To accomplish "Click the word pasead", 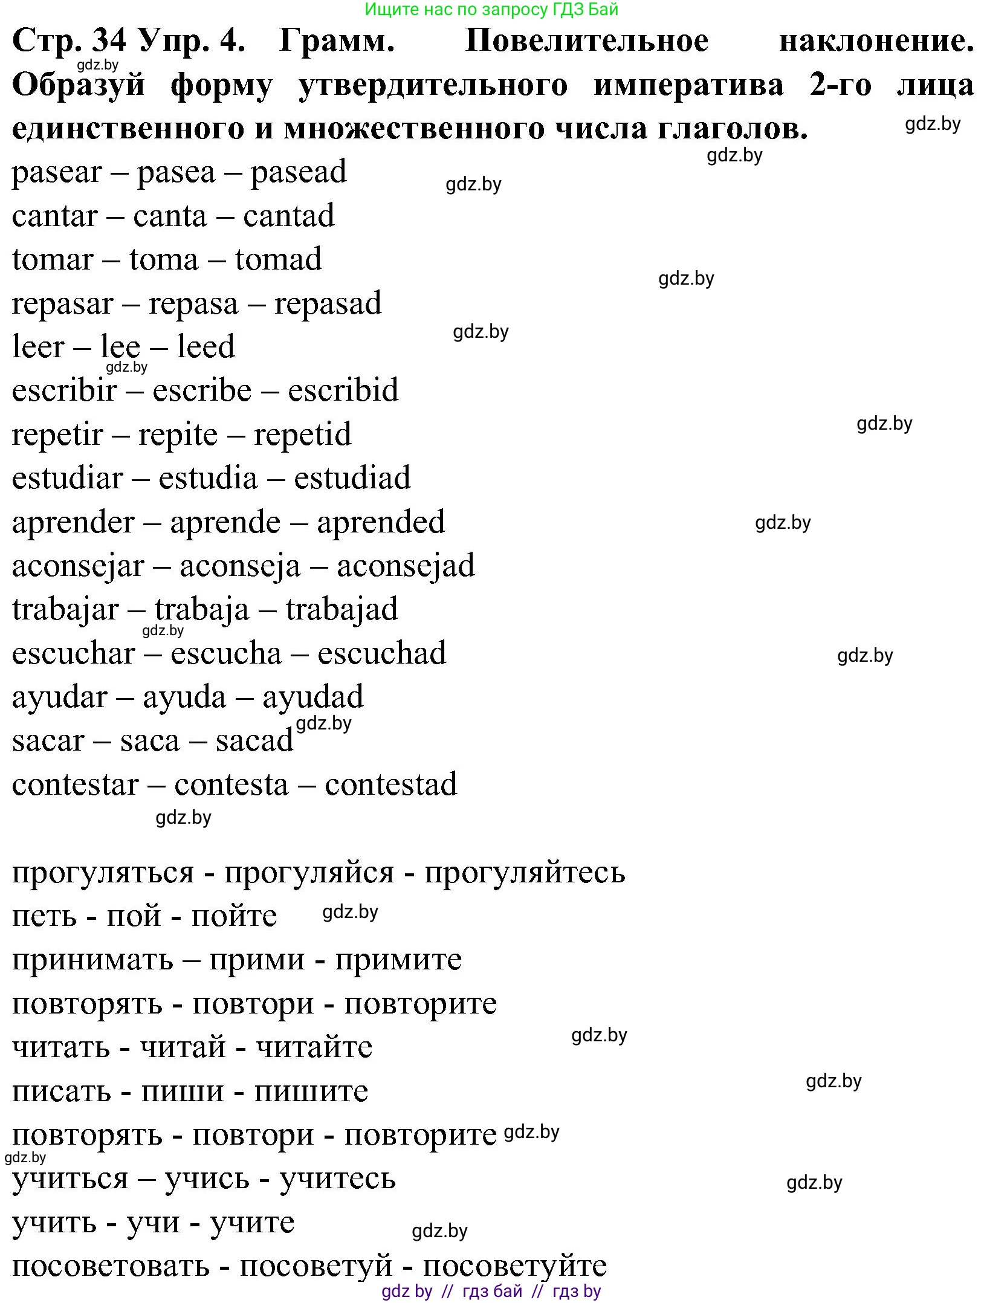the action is (x=299, y=172).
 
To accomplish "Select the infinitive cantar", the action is (x=54, y=216).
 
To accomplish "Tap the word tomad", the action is (x=278, y=259).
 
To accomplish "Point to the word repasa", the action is (x=193, y=305).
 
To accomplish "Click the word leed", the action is (x=206, y=347).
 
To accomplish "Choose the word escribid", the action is (x=343, y=390).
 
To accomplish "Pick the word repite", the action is (x=178, y=435).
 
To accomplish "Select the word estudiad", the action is (x=352, y=478).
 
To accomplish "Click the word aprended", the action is (x=381, y=523).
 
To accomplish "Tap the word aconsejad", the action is (x=406, y=566).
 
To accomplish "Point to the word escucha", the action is (x=226, y=654).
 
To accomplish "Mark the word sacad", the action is (x=254, y=741).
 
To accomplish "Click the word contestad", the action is (x=391, y=784).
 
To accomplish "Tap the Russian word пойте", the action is (x=234, y=916).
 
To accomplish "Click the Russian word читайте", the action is (x=314, y=1047).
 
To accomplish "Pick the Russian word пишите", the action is (x=311, y=1091).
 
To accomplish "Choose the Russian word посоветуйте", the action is (x=514, y=1266).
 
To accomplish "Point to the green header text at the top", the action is (x=492, y=9).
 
